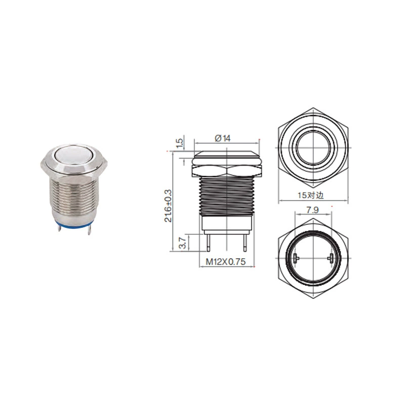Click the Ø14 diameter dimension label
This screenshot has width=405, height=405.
tap(223, 138)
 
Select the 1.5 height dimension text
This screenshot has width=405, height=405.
tap(180, 143)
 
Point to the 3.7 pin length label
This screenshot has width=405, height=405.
tap(183, 243)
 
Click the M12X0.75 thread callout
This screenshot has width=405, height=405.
tap(225, 262)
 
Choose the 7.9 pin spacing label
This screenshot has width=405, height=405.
tap(312, 210)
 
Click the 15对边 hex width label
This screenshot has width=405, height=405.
tap(311, 195)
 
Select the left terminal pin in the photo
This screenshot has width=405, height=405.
tap(59, 228)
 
